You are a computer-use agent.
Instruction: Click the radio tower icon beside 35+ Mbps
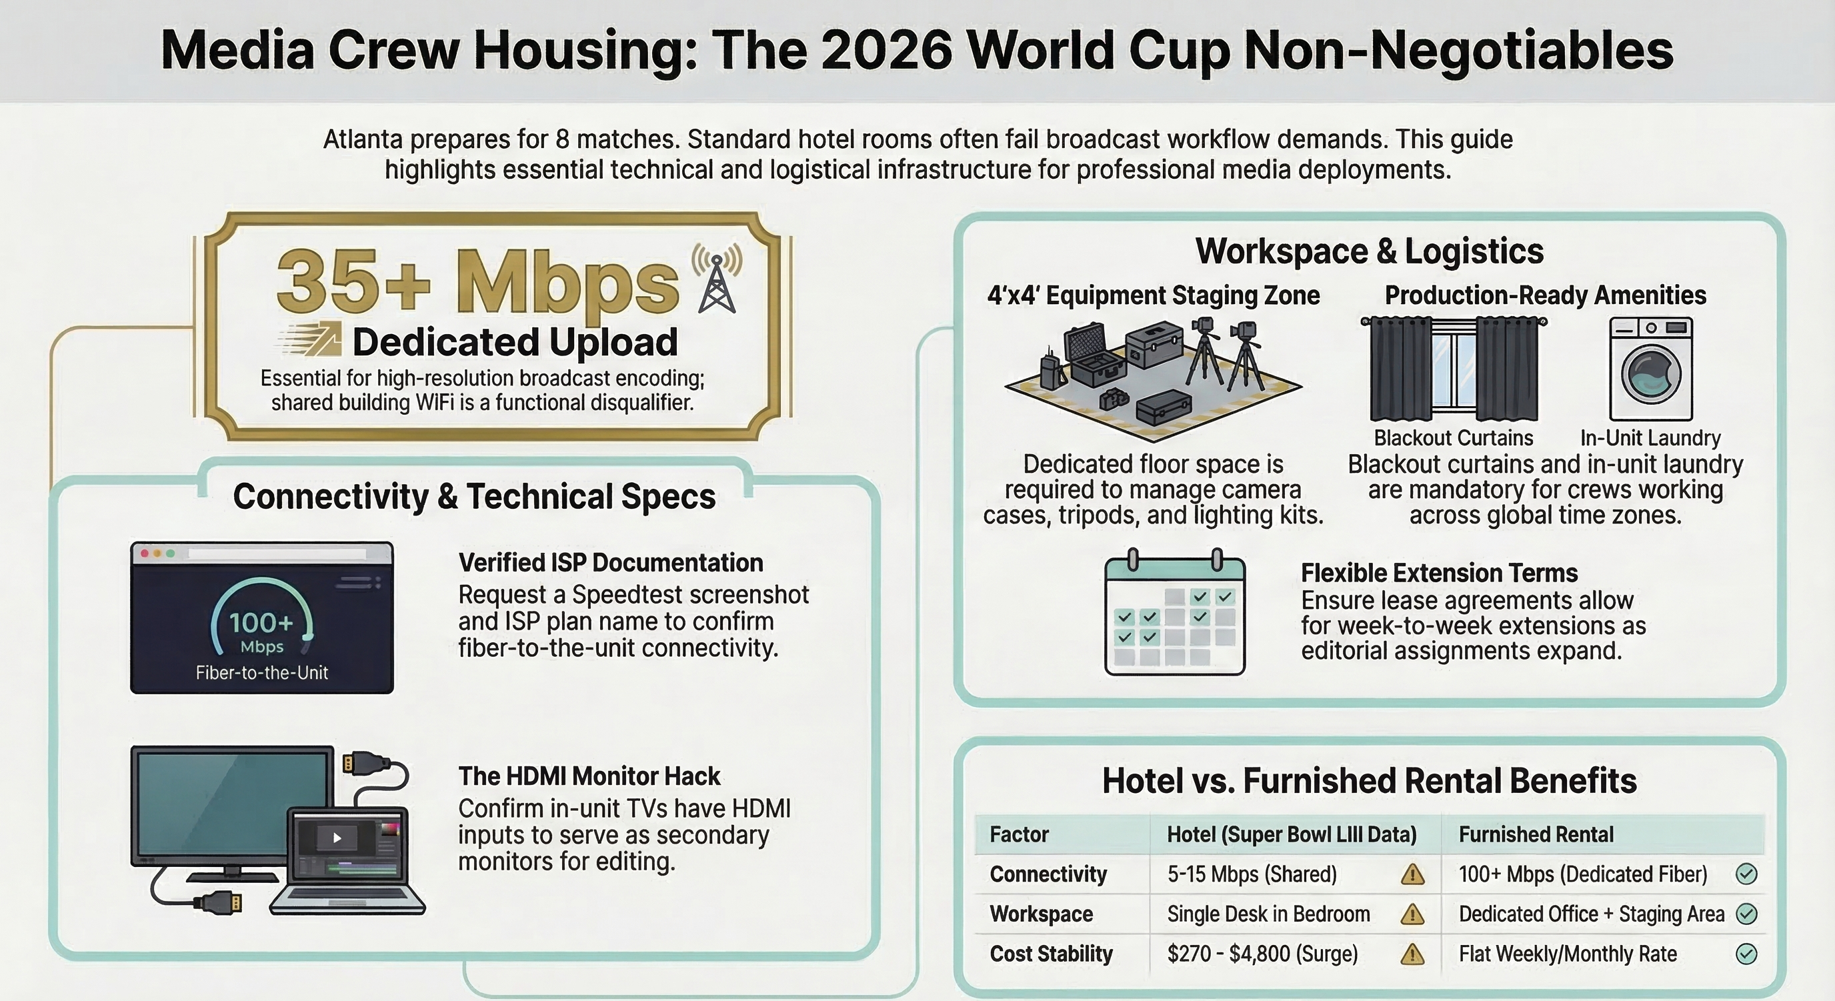[x=717, y=279]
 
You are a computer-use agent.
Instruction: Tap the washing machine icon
[x=1650, y=369]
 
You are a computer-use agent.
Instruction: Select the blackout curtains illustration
[x=1454, y=369]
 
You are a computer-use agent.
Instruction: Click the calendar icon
[x=1175, y=612]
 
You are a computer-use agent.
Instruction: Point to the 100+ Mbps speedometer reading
[x=262, y=633]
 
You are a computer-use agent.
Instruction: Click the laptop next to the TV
[x=347, y=862]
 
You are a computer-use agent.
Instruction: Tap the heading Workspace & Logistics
[x=1369, y=251]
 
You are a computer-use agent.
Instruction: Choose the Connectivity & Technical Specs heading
[x=475, y=497]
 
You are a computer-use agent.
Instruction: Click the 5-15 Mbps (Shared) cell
[x=1252, y=874]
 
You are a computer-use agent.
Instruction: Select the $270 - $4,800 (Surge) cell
[x=1262, y=954]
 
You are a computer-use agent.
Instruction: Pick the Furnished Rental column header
[x=1536, y=834]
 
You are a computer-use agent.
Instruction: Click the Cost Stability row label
[x=1051, y=954]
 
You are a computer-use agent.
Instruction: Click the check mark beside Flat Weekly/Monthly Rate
[x=1747, y=954]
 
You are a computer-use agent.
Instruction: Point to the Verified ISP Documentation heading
[x=611, y=563]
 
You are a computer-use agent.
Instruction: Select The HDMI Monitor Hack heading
[x=589, y=776]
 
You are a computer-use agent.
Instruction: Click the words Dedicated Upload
[x=515, y=342]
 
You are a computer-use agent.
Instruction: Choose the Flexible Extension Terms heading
[x=1439, y=573]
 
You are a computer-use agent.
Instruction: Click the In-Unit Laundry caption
[x=1650, y=437]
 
